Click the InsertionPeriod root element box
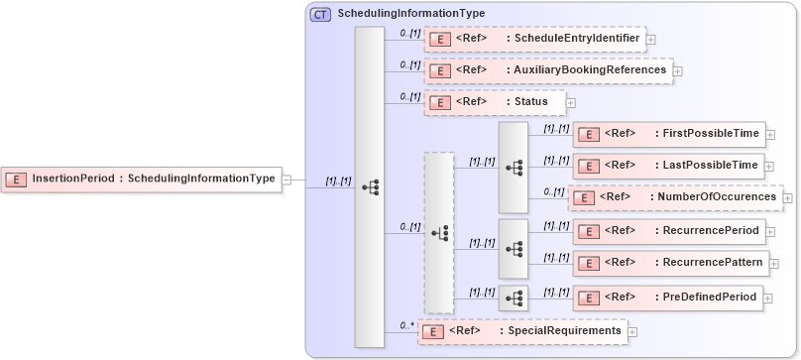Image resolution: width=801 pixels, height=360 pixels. point(142,180)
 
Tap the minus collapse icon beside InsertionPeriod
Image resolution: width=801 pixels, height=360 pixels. point(286,180)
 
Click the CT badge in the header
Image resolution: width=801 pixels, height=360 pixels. point(321,14)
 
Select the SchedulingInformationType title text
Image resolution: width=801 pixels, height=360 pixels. point(411,14)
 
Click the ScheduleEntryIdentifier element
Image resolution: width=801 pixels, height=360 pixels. point(534,39)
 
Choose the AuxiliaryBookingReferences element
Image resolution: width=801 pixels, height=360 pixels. point(547,70)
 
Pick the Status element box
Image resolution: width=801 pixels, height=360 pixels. point(494,102)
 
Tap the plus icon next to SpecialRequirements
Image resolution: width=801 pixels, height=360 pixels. point(632,331)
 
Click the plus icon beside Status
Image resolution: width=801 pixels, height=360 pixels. point(570,102)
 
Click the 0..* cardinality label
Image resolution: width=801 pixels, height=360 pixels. point(406,324)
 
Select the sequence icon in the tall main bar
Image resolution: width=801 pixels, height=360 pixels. point(370,186)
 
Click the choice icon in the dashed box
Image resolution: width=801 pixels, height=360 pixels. point(439,233)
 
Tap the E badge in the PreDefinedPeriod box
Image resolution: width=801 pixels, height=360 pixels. point(588,297)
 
